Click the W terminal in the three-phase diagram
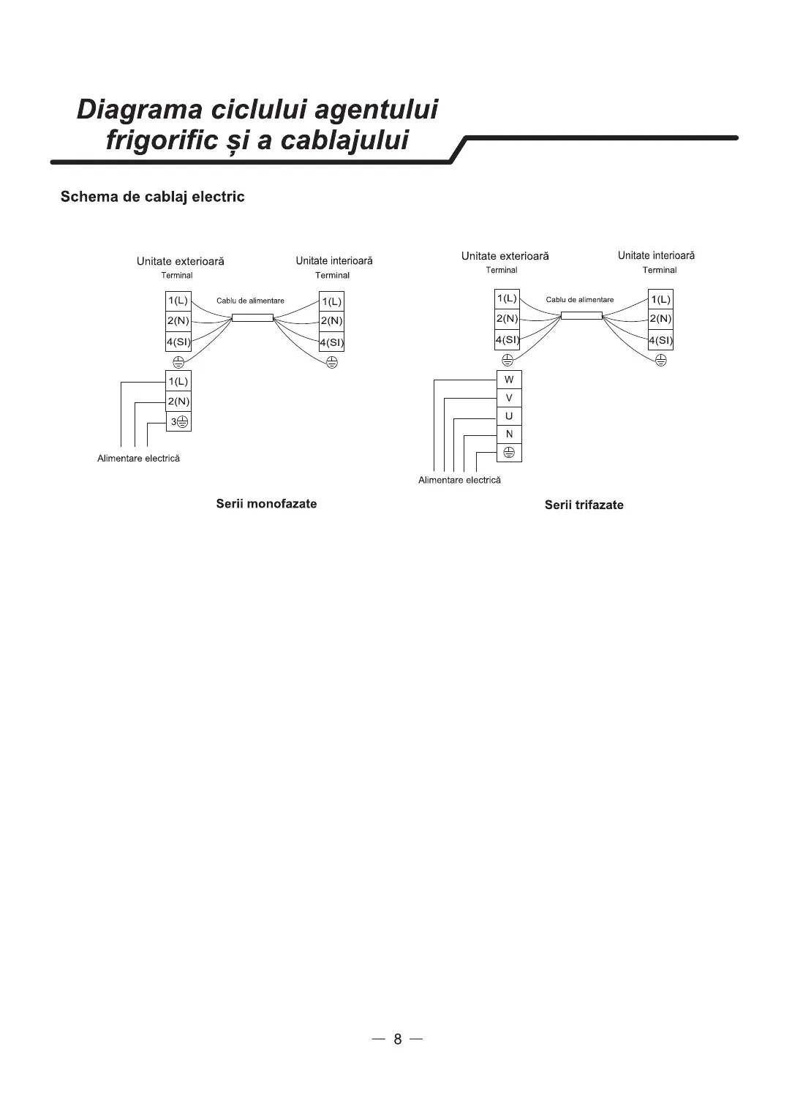(509, 380)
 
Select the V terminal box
(509, 398)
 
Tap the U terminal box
(509, 416)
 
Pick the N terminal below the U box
(509, 434)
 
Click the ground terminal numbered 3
(179, 422)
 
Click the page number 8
(397, 1039)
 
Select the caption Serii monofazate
(266, 504)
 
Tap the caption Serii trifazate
(584, 505)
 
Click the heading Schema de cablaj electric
(152, 197)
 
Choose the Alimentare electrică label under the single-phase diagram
(138, 459)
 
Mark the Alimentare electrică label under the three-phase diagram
(459, 481)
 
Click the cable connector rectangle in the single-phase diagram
(252, 317)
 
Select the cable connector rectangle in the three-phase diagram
(581, 315)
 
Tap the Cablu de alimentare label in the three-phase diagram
(580, 300)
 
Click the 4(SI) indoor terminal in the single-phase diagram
(331, 342)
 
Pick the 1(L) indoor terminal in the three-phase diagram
(660, 299)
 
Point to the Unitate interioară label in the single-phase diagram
(334, 261)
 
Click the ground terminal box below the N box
(509, 453)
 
